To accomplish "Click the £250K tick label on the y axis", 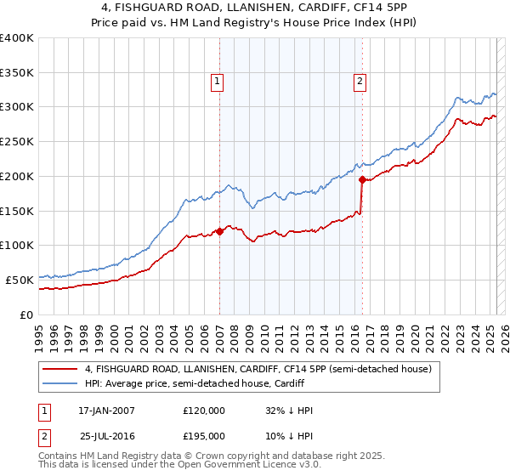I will coord(17,142).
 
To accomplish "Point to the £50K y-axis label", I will coord(20,280).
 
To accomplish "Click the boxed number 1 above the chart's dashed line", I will coord(218,82).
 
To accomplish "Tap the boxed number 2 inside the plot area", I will coord(360,82).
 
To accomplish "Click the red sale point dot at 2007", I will coord(219,230).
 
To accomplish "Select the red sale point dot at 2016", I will coord(362,179).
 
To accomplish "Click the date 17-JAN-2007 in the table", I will coord(106,411).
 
